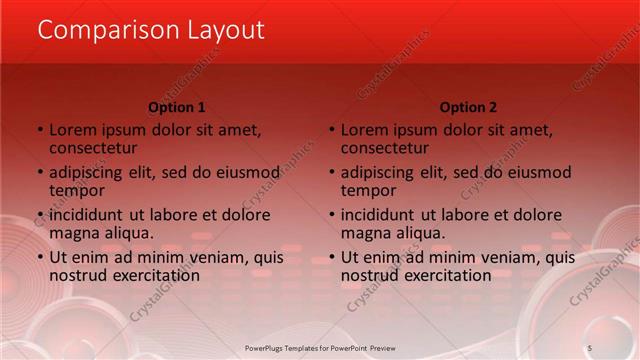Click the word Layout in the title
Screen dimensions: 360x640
[x=227, y=30]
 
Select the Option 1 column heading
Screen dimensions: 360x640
[x=177, y=107]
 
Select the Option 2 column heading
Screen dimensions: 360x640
[x=468, y=107]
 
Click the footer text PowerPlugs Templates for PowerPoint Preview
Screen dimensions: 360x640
[x=320, y=346]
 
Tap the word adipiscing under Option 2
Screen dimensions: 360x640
[x=385, y=172]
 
